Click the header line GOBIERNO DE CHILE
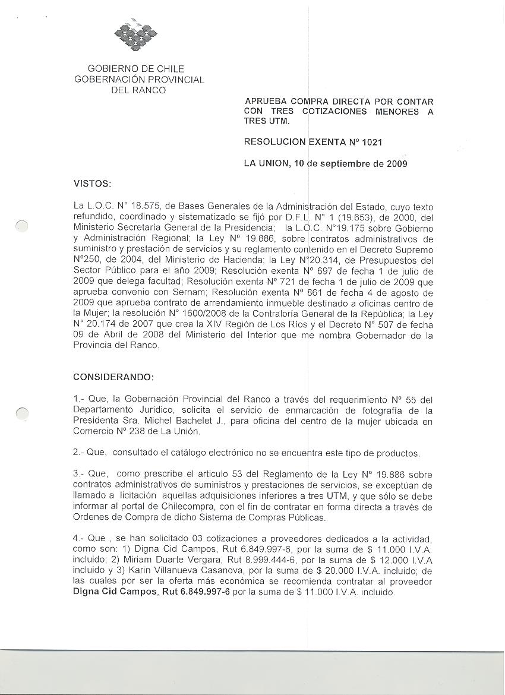click(x=136, y=69)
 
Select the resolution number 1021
click(x=371, y=143)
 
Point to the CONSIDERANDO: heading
click(x=113, y=377)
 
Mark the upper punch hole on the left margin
click(x=22, y=226)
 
